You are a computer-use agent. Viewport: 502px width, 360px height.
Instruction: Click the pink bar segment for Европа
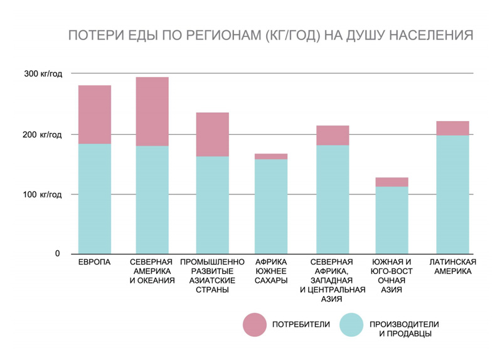[x=95, y=115]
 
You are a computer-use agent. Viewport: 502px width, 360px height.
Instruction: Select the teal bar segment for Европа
[x=95, y=198]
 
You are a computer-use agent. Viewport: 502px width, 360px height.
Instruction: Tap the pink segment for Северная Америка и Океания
[x=152, y=112]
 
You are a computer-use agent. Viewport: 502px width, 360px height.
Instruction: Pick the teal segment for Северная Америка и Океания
[x=152, y=199]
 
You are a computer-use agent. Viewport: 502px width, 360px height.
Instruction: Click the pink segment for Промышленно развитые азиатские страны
[x=213, y=134]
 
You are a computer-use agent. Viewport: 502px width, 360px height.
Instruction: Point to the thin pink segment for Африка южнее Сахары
[x=271, y=156]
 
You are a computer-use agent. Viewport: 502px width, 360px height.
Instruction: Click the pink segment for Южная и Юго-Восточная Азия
[x=392, y=182]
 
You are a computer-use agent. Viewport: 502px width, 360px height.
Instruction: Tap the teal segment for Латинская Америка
[x=452, y=194]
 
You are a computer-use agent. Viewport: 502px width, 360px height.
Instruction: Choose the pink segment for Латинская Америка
[x=452, y=128]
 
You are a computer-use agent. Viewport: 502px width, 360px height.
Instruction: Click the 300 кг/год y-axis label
[x=43, y=74]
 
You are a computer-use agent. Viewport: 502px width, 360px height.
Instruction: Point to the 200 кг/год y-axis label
[x=43, y=134]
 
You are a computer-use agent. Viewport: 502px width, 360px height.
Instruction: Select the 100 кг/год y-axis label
[x=43, y=194]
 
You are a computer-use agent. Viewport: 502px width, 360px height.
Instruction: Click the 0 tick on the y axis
[x=57, y=254]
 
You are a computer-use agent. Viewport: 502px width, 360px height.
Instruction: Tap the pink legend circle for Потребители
[x=255, y=324]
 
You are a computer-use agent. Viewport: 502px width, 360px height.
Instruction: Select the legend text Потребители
[x=301, y=324]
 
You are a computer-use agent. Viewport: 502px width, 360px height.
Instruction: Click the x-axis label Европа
[x=95, y=262]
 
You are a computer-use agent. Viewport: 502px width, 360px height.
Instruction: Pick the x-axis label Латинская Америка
[x=452, y=267]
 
